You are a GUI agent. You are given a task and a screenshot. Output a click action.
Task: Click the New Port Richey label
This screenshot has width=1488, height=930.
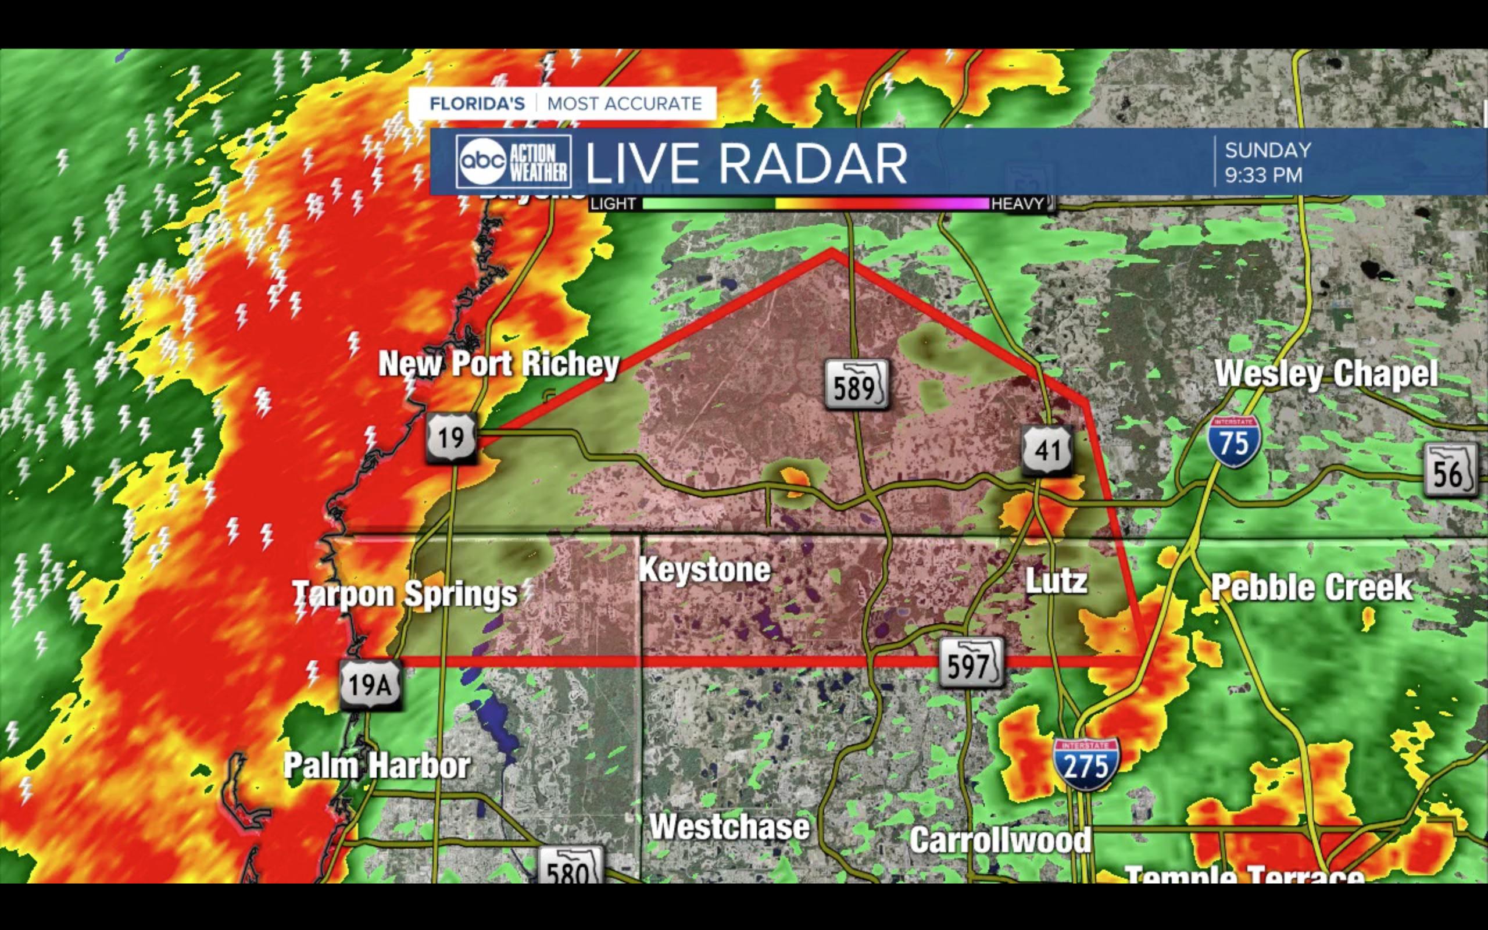[499, 364]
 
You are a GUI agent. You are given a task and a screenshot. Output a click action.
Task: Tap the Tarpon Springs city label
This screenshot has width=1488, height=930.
[405, 594]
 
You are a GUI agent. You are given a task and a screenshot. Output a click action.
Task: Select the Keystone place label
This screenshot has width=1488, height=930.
[704, 570]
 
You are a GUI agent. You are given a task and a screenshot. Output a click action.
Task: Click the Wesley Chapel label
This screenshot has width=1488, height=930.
[1326, 374]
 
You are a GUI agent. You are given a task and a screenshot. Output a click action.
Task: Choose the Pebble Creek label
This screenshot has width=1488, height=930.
[1311, 588]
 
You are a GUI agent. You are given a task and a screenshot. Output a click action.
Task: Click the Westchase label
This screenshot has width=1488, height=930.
[730, 827]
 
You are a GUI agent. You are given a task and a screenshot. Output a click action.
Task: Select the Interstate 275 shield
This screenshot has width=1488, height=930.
[1086, 764]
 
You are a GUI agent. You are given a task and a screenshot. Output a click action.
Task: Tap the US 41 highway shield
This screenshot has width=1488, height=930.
[1048, 450]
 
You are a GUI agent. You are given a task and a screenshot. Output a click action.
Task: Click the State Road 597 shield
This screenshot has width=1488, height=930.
[971, 664]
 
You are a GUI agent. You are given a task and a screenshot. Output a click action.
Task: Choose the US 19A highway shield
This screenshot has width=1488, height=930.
[370, 684]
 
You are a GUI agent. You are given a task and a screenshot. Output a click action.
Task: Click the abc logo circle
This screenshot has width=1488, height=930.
[482, 161]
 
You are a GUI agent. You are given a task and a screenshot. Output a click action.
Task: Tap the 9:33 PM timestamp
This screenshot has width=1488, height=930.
[1263, 176]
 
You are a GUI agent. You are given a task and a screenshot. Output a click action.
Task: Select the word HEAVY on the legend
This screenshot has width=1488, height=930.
[1018, 203]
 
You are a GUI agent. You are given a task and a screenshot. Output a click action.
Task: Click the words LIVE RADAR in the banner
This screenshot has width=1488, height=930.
[746, 163]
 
